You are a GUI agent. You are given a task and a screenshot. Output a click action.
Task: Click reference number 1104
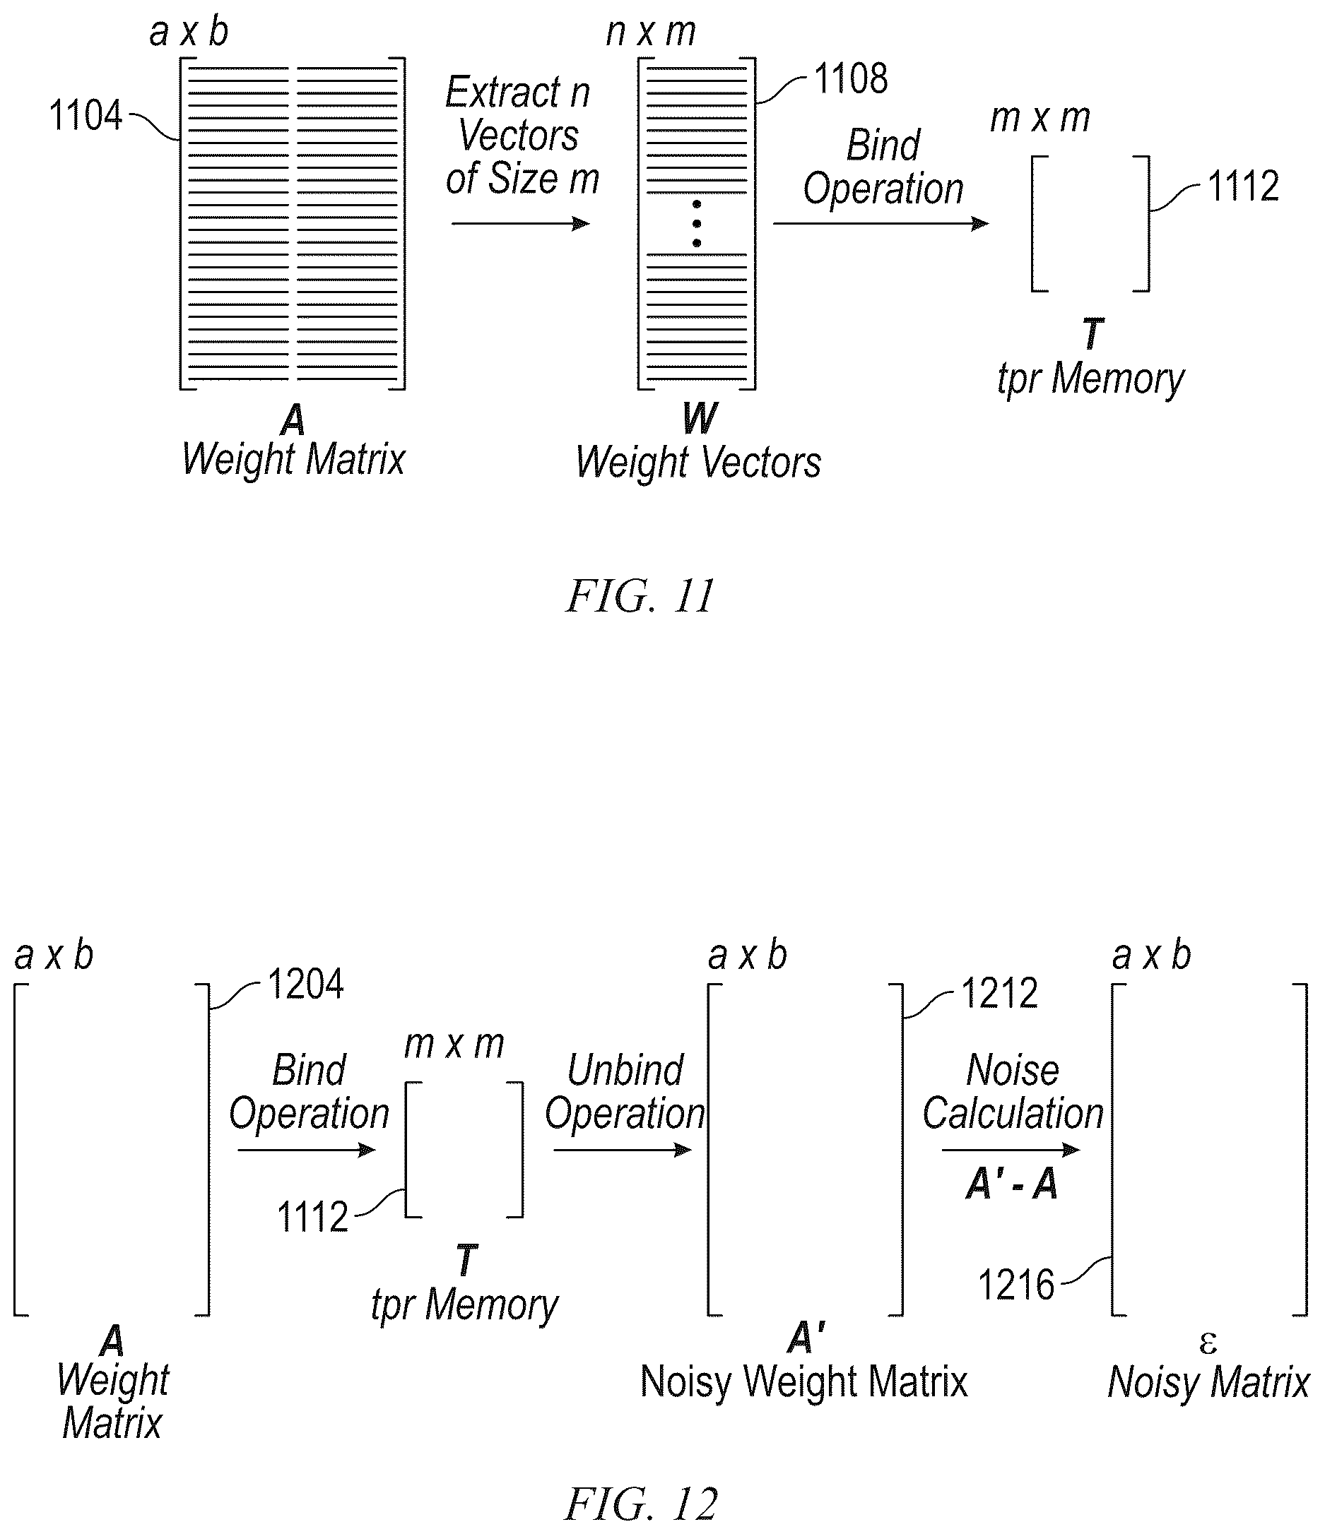click(x=86, y=117)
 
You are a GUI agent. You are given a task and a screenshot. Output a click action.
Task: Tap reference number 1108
click(x=851, y=78)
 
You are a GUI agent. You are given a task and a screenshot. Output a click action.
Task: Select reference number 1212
click(x=999, y=994)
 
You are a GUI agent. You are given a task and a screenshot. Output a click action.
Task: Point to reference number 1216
click(x=1016, y=1285)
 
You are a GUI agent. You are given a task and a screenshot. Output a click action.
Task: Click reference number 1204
click(x=306, y=985)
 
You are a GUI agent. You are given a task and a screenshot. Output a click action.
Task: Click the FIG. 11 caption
click(x=640, y=596)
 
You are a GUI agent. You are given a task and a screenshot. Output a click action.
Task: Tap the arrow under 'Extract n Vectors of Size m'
click(x=521, y=224)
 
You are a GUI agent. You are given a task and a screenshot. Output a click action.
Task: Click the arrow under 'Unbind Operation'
click(x=623, y=1150)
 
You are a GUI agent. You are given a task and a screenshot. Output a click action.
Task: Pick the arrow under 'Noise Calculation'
click(x=1011, y=1150)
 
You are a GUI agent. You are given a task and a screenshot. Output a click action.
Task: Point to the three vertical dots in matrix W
click(x=697, y=224)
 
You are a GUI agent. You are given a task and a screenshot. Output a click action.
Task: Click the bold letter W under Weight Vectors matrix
click(x=700, y=418)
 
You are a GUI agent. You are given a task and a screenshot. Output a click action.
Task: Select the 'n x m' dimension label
click(x=651, y=32)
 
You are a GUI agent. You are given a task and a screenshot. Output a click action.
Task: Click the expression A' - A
click(x=1012, y=1184)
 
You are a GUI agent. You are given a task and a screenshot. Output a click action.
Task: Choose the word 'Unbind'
click(x=625, y=1071)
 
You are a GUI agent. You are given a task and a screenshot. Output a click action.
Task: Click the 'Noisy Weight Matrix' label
click(x=803, y=1381)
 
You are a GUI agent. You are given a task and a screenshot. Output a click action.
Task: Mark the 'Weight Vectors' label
click(x=698, y=463)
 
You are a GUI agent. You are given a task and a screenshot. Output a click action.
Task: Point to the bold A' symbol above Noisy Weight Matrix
click(x=806, y=1338)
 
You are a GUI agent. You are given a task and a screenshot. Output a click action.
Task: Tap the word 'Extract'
click(x=503, y=93)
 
